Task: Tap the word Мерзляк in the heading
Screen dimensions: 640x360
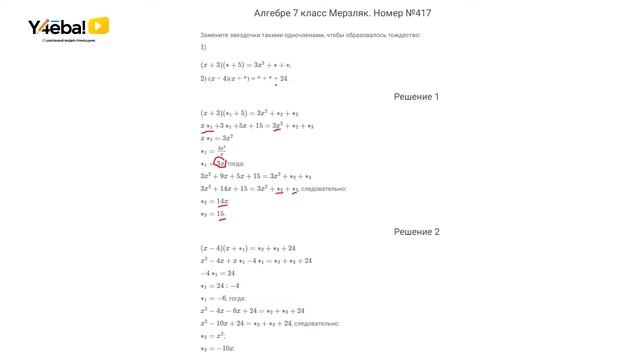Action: (342, 14)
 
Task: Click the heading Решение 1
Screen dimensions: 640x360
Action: (417, 97)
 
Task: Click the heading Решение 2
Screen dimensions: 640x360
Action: (417, 231)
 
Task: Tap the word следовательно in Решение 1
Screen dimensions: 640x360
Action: (323, 188)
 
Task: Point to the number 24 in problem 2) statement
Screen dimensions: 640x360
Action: (284, 78)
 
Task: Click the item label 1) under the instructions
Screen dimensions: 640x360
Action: (203, 47)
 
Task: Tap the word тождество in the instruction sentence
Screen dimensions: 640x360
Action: (401, 35)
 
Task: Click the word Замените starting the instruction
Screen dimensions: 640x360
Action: (216, 35)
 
